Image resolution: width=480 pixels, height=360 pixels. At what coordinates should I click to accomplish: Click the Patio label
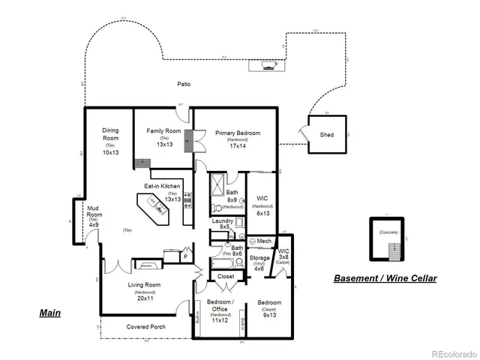point(184,84)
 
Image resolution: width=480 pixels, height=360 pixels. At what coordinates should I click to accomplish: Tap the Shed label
point(326,135)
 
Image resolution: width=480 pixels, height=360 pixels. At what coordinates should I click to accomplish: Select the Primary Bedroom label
point(238,133)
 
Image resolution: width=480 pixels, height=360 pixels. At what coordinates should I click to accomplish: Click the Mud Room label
point(94,211)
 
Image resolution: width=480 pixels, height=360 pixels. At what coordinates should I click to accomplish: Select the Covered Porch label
point(146,327)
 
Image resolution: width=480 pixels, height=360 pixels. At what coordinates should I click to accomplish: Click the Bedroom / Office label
point(220,305)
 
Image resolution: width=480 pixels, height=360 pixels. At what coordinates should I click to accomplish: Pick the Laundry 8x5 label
point(222,221)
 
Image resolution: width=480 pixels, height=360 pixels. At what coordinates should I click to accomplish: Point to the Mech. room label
point(264,241)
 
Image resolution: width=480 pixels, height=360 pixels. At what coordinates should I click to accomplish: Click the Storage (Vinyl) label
point(259,258)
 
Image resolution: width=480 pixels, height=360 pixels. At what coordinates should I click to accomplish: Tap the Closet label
point(226,276)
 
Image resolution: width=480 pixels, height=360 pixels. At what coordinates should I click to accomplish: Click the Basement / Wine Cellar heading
point(385,278)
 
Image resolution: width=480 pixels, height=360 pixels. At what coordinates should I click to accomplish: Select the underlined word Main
point(49,313)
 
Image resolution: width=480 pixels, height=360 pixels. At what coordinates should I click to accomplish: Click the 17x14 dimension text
point(238,146)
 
